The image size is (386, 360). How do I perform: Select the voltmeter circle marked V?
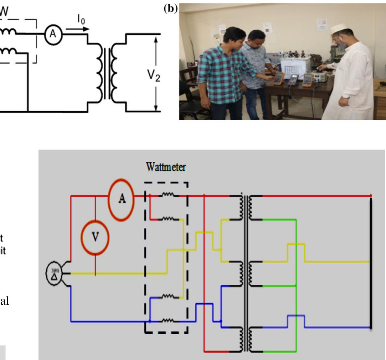95,238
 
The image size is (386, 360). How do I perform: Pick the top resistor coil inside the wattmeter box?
168,196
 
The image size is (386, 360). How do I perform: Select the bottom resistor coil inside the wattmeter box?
168,321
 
